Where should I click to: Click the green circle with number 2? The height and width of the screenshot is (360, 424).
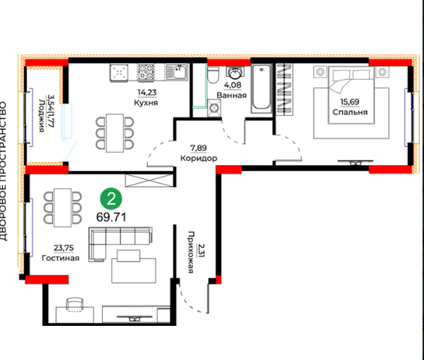tap(111, 199)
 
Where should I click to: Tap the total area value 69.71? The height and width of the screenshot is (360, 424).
tap(111, 217)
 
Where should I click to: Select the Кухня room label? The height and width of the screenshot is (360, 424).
tap(146, 103)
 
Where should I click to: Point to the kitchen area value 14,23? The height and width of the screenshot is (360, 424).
tap(147, 93)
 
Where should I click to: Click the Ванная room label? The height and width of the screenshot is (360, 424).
tap(232, 96)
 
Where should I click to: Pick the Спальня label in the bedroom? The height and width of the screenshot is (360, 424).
tap(350, 112)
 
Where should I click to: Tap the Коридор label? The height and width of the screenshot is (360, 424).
tap(199, 158)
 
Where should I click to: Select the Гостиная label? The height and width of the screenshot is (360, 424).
tap(61, 258)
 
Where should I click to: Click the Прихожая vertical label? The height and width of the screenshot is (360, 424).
tap(191, 252)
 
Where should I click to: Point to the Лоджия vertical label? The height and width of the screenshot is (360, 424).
tap(42, 116)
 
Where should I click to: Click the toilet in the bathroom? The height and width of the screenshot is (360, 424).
tap(213, 75)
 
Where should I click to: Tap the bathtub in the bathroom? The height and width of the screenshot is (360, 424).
tap(261, 88)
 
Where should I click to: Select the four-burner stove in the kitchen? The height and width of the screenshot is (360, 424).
tap(145, 72)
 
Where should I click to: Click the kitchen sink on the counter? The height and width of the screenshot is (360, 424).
tap(177, 72)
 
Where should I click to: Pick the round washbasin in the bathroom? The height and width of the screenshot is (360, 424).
tap(234, 73)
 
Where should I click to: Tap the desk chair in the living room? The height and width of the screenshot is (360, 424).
tap(75, 304)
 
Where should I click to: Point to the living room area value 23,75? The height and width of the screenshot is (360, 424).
tap(64, 248)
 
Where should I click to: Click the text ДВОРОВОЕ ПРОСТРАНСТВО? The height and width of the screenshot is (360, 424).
tap(3, 171)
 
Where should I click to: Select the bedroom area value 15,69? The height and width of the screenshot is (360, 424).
tap(349, 102)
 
